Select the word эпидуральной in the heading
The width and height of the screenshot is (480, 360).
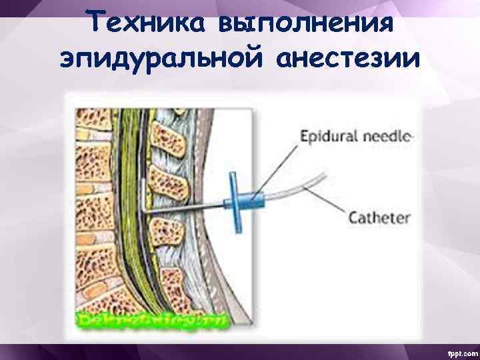(163, 59)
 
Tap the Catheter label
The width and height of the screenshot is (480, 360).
(380, 217)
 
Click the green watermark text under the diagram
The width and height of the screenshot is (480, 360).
(153, 320)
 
